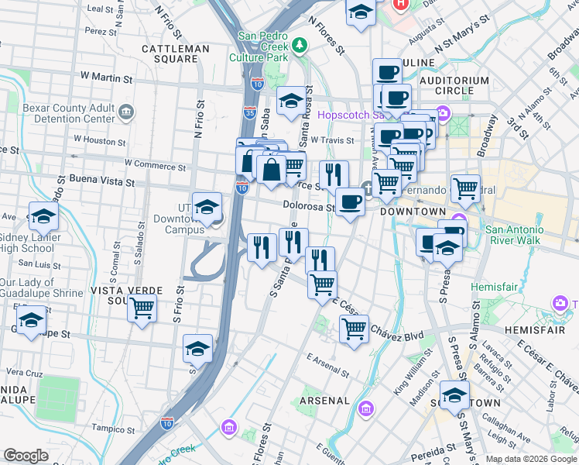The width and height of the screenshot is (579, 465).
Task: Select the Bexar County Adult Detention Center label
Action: [69, 113]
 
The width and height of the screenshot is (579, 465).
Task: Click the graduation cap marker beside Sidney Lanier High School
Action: [43, 216]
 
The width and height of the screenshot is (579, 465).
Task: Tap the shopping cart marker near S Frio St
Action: [142, 308]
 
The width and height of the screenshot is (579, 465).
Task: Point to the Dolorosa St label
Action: [308, 206]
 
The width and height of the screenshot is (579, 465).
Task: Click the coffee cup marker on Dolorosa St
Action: [350, 202]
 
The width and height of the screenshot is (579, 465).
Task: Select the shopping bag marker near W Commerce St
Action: [271, 170]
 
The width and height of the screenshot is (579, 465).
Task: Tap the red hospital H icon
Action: [400, 4]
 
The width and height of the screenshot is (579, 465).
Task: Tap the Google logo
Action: [26, 456]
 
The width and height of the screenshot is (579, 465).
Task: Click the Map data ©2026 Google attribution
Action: [531, 459]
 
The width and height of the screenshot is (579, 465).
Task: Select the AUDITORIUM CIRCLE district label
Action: [454, 85]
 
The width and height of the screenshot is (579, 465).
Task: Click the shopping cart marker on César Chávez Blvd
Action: [354, 329]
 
